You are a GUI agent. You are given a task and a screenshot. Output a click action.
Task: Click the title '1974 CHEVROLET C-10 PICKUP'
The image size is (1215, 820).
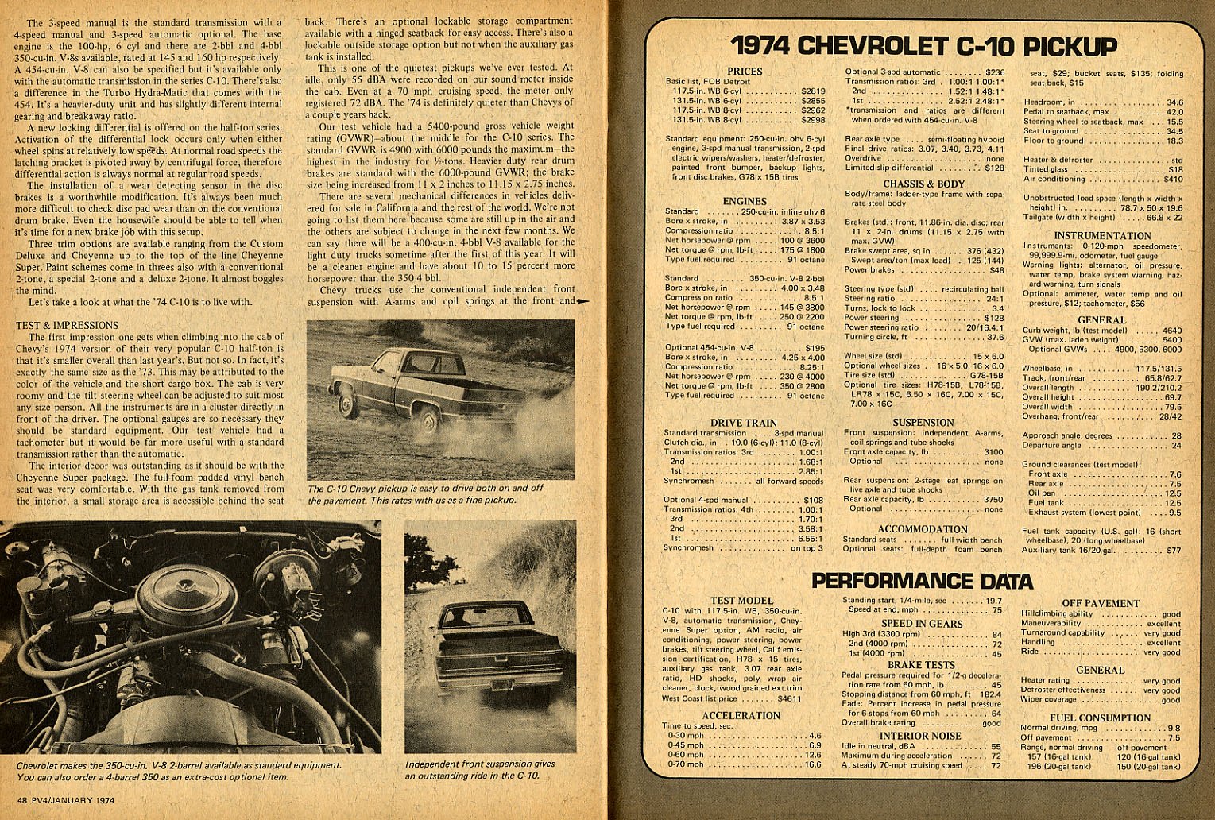pos(923,45)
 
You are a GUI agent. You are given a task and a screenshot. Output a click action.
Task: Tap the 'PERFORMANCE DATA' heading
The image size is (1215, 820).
pos(922,581)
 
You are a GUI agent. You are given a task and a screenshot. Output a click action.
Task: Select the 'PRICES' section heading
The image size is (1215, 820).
pos(745,72)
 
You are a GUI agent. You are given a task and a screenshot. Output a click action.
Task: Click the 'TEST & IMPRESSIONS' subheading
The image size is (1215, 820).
pos(67,325)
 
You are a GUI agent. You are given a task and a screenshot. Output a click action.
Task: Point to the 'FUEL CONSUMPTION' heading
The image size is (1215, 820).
pos(1100,717)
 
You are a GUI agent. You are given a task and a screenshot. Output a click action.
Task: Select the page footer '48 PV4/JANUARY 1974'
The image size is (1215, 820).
pos(65,800)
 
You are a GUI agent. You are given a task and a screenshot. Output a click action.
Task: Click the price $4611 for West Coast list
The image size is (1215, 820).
pos(788,699)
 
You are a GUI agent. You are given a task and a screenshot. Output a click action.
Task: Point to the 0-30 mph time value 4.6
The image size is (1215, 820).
pos(815,736)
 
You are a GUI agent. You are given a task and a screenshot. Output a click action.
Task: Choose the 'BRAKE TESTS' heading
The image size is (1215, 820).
pos(921,664)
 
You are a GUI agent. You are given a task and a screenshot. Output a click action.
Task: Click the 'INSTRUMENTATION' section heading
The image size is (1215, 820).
pos(1102,235)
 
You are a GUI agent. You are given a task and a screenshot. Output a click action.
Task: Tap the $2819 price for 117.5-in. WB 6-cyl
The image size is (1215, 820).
pos(813,91)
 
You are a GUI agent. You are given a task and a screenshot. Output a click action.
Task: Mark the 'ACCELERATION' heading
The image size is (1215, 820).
pos(741,715)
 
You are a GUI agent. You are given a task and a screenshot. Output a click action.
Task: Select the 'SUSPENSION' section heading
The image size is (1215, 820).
pos(923,423)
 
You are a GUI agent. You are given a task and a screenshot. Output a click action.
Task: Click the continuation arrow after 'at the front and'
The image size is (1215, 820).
pos(584,302)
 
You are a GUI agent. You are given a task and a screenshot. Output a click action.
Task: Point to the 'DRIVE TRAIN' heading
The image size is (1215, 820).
pos(743,423)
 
